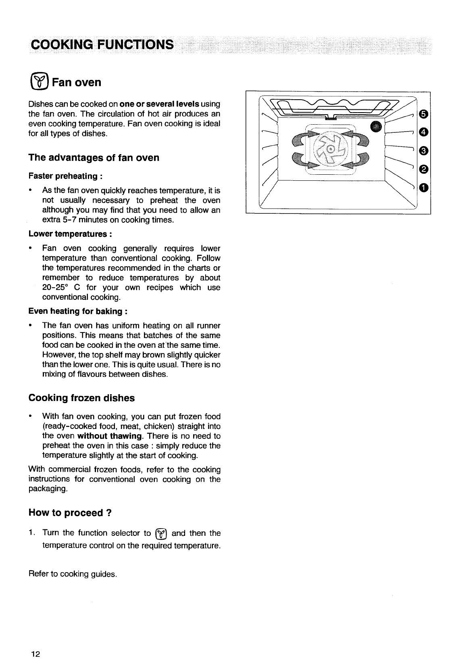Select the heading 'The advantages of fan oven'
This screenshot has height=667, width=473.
(94, 158)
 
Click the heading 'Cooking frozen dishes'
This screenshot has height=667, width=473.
(81, 398)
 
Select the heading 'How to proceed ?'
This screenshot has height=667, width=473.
(70, 513)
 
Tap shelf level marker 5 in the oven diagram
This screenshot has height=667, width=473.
(423, 115)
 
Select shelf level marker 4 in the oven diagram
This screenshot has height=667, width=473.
(423, 132)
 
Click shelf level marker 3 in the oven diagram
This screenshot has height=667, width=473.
(423, 151)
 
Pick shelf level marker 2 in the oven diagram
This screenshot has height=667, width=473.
(423, 168)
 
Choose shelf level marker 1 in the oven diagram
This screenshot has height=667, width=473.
(423, 187)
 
